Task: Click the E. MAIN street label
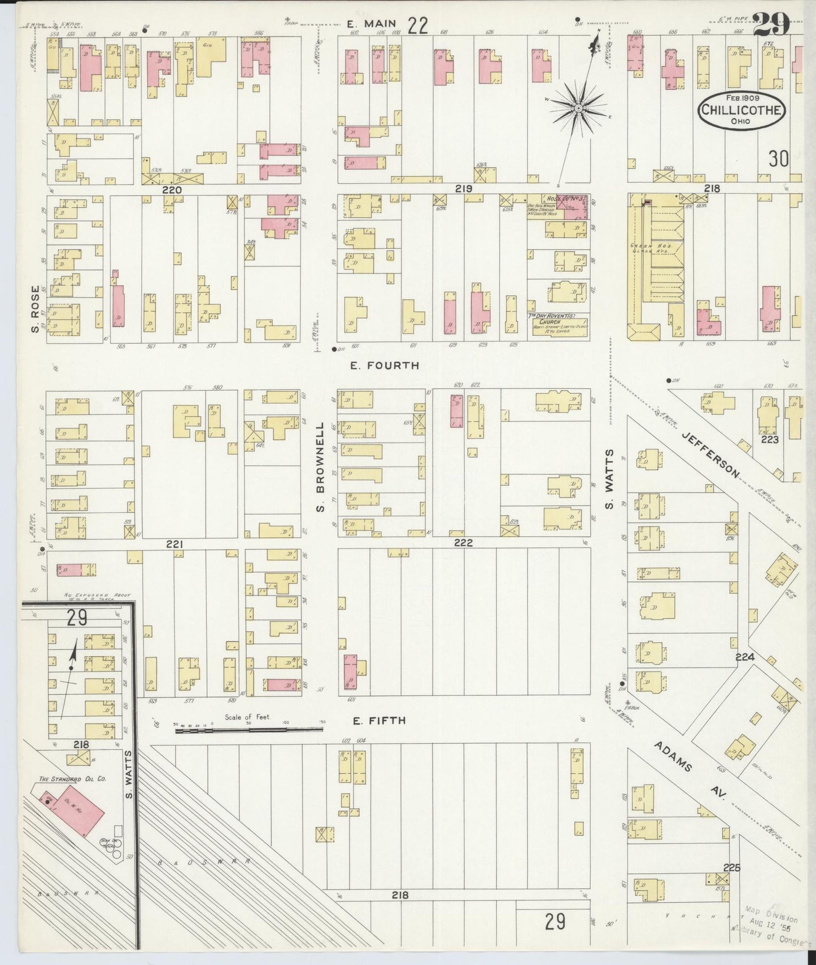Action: coord(370,24)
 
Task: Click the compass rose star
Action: coord(578,107)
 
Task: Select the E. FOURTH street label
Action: coord(385,366)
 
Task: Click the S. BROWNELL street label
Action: coord(321,467)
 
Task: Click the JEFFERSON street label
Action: coord(710,454)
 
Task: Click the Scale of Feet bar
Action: coord(248,730)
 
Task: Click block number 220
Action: coord(172,190)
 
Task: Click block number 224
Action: coord(745,657)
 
